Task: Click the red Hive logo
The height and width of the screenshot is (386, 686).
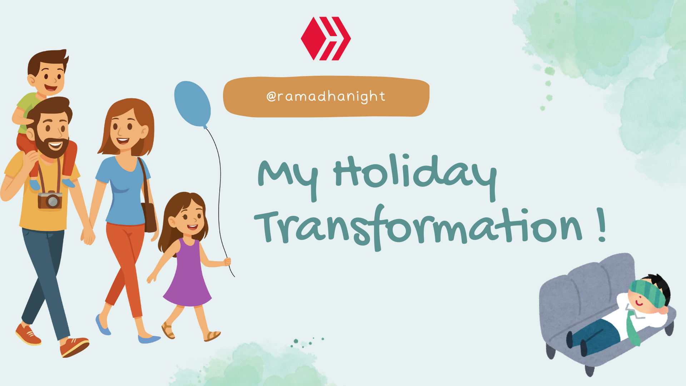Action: click(326, 38)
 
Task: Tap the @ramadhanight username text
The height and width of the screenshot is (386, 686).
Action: click(326, 96)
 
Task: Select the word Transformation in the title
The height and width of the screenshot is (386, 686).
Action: click(418, 227)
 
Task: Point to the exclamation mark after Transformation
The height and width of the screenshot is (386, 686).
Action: click(602, 225)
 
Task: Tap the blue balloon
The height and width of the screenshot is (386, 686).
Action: click(192, 104)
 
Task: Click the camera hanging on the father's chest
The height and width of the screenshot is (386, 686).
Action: click(50, 200)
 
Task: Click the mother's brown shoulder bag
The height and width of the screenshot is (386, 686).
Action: click(149, 216)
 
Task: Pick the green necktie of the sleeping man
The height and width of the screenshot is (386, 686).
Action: click(632, 327)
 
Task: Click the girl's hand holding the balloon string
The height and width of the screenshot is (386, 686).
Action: click(227, 262)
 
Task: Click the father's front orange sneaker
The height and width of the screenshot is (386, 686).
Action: click(74, 347)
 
